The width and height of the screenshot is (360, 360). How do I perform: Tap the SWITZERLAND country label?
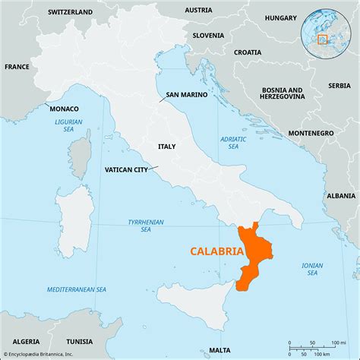70,13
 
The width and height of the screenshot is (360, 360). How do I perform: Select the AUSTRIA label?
198,11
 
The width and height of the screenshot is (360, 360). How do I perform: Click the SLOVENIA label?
207,35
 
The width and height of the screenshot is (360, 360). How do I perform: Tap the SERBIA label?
338,86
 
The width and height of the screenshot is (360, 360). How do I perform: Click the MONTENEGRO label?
311,133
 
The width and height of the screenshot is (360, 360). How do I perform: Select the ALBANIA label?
338,194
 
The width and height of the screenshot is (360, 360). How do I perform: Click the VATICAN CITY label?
126,169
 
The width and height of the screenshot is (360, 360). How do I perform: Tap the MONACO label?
63,109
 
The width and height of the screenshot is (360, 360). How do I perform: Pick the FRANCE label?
17,67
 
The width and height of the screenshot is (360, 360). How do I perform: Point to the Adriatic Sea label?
229,143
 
